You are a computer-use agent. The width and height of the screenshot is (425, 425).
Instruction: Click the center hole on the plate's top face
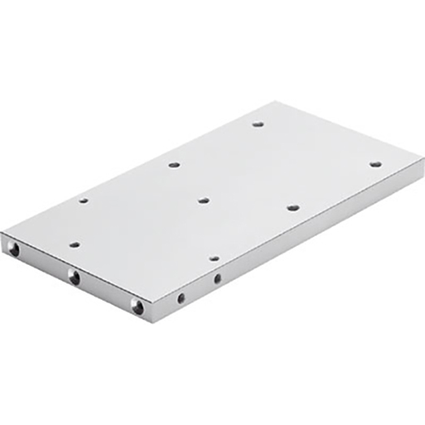(203, 200)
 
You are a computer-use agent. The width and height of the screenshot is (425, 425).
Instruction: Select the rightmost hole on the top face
(375, 165)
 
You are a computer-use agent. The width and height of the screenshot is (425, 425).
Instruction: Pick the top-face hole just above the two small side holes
(214, 258)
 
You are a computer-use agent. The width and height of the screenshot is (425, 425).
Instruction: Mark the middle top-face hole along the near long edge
(293, 207)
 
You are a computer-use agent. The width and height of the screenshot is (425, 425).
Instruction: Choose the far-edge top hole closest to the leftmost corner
(82, 200)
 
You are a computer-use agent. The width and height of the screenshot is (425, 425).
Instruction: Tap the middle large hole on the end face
(74, 277)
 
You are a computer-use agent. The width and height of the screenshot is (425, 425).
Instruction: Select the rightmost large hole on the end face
(137, 307)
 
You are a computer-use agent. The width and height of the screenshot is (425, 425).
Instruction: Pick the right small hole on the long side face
(217, 279)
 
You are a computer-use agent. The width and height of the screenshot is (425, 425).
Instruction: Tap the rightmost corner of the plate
(421, 161)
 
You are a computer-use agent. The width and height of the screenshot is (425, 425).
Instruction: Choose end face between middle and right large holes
(106, 292)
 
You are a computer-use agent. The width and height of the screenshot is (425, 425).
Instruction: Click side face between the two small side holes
(200, 287)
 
